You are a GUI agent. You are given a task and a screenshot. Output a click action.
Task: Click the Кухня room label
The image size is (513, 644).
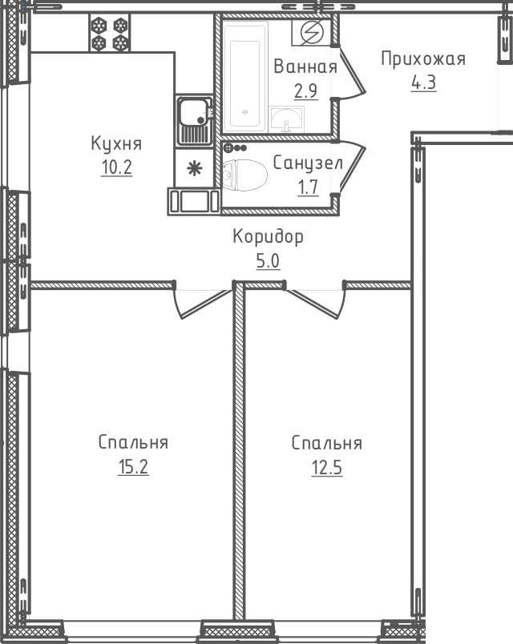coord(116,143)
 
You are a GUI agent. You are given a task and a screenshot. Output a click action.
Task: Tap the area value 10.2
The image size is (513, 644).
coord(117,167)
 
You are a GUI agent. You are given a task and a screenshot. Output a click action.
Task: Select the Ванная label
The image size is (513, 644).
coord(305,66)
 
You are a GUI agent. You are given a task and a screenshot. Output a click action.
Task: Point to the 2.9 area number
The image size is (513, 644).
coord(306,91)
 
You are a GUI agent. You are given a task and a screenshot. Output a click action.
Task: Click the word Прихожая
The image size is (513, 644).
coord(423,58)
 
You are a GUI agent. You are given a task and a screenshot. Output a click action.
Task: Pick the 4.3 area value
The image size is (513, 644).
coord(424,83)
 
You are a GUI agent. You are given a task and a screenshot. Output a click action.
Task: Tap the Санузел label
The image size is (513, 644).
coord(308,163)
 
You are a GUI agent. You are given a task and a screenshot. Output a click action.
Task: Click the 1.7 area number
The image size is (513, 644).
coord(309,187)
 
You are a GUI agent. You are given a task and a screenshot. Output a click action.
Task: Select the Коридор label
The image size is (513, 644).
coord(268,237)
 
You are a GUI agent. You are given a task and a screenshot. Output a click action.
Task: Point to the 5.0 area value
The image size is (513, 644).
coord(268,261)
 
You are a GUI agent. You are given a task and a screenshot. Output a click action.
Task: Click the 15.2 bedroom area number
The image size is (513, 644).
coord(133,466)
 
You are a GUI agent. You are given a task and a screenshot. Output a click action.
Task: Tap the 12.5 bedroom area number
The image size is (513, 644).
coord(327,468)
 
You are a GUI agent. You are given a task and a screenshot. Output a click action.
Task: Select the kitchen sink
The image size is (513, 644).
coord(195,120)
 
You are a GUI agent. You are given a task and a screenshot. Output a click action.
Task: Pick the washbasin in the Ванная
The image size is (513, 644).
coord(286,119)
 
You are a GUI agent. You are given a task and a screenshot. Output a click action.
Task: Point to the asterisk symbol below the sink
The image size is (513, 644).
coord(195,168)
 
